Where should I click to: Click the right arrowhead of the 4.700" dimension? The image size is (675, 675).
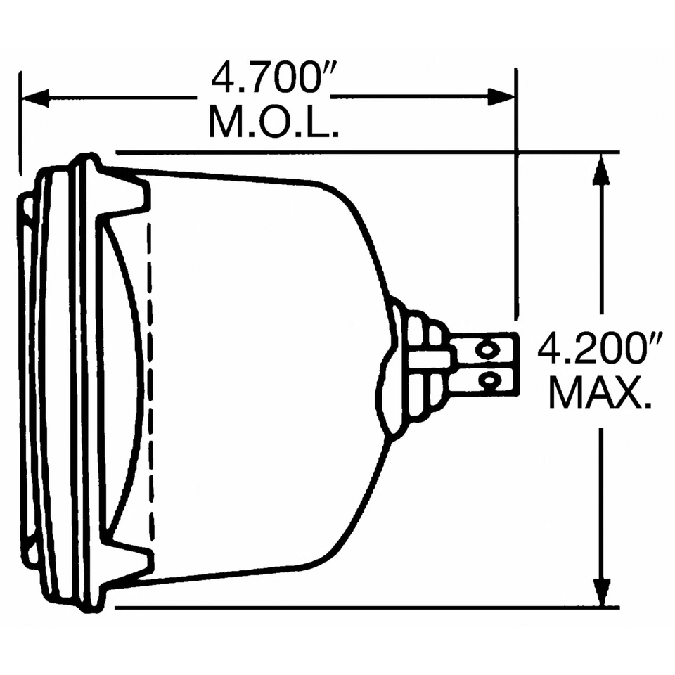[502, 97]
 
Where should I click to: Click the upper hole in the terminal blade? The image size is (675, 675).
[486, 349]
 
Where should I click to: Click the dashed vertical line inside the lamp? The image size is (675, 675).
[149, 380]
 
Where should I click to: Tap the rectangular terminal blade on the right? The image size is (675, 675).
[485, 366]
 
